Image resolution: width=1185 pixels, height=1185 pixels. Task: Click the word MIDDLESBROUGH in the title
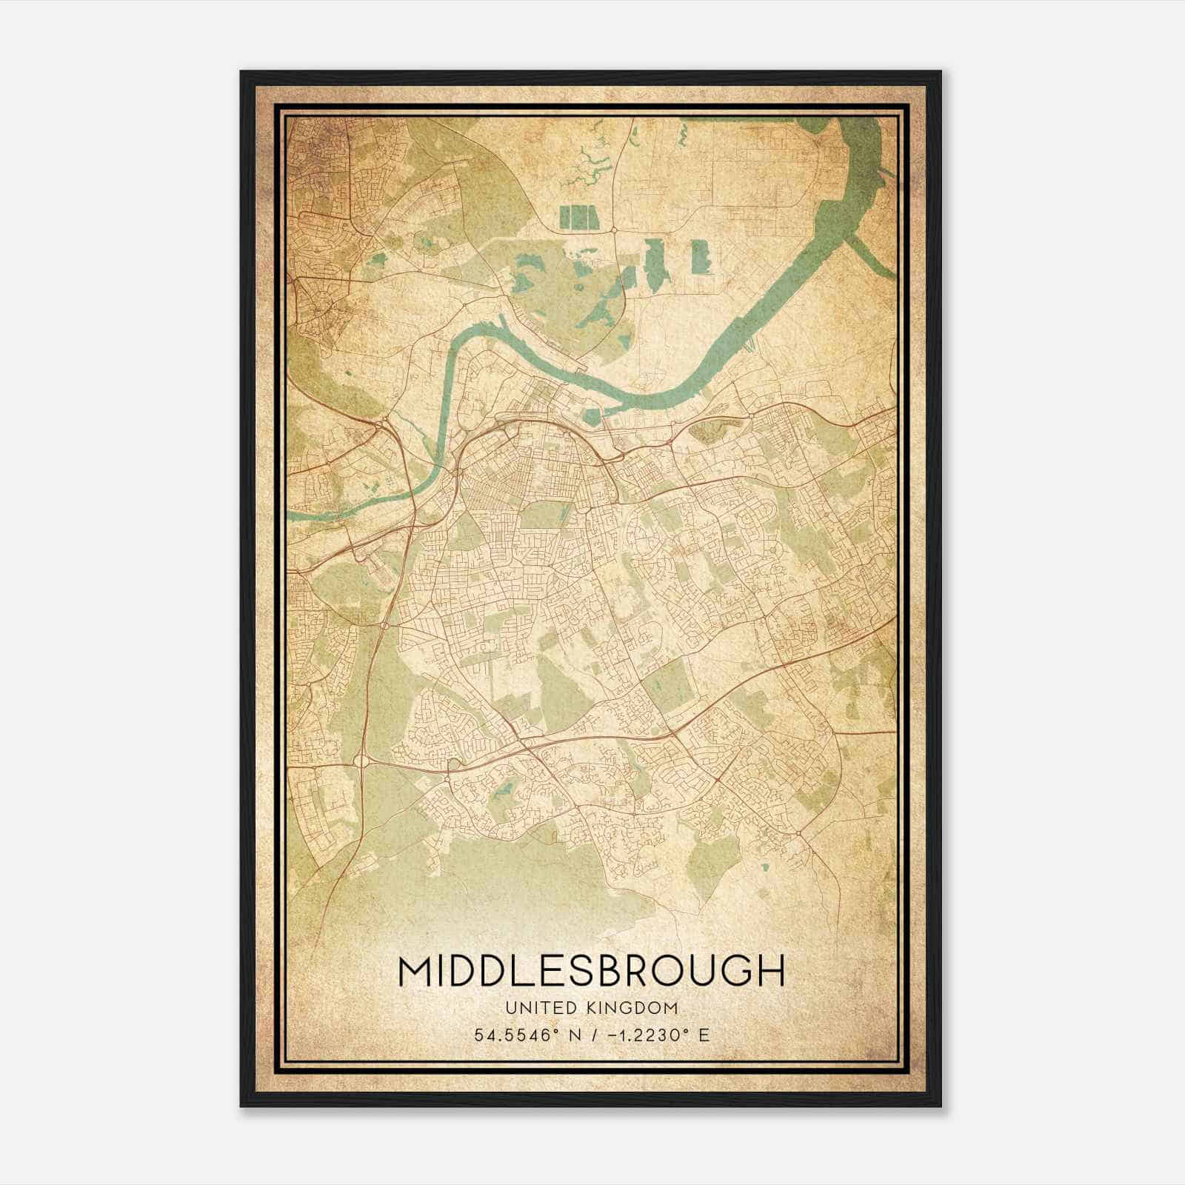click(x=591, y=970)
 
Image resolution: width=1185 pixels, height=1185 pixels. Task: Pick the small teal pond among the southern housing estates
click(x=504, y=790)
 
